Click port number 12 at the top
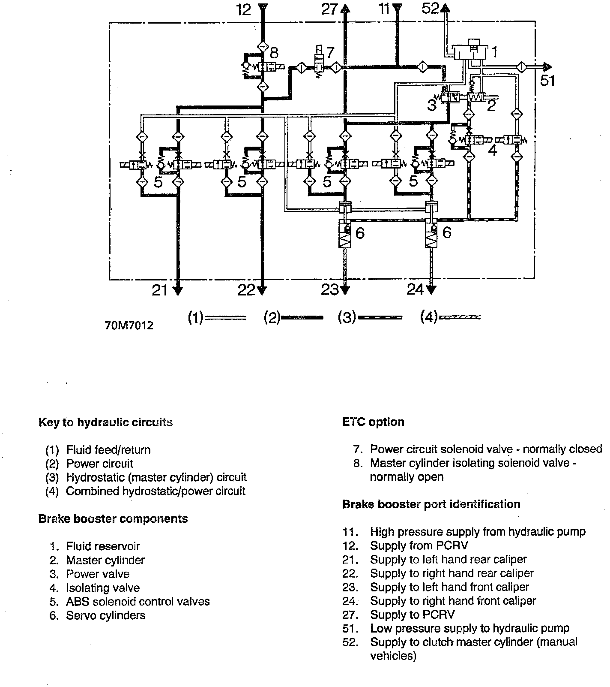(x=244, y=9)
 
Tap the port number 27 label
(x=329, y=9)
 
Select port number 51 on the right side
(x=547, y=81)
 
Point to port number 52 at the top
(x=430, y=8)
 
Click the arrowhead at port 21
(x=177, y=290)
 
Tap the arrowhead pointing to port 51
(x=546, y=67)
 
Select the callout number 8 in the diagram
(x=274, y=53)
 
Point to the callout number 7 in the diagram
(x=329, y=53)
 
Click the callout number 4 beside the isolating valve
(x=493, y=151)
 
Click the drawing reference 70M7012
(x=129, y=325)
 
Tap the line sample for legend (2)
(x=302, y=318)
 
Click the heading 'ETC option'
(x=373, y=422)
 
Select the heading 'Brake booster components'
(x=113, y=519)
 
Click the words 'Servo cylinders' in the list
(x=105, y=615)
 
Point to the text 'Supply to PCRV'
(x=412, y=615)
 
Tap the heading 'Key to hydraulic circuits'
(x=105, y=422)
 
